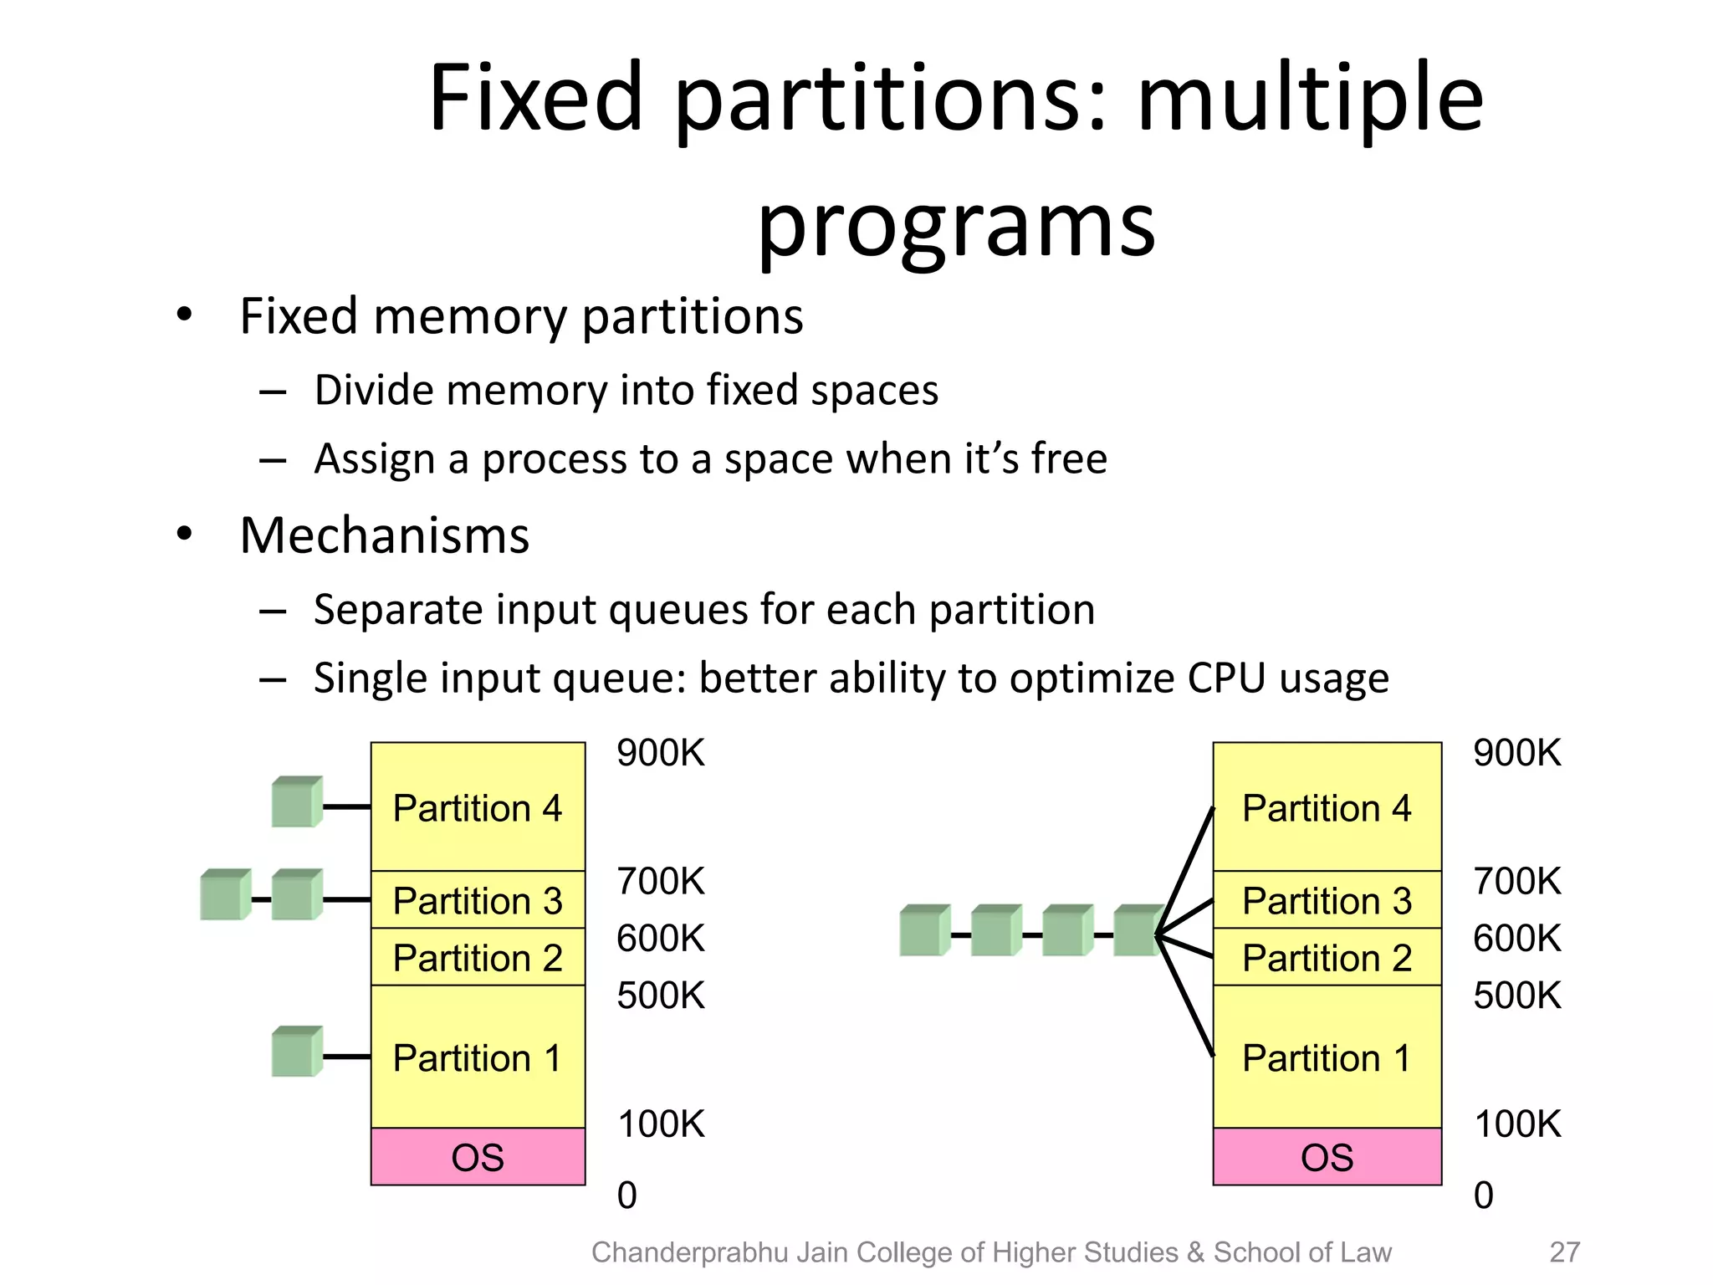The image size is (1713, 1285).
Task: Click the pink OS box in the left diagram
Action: tap(478, 1156)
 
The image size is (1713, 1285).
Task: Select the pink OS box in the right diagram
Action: tap(1327, 1156)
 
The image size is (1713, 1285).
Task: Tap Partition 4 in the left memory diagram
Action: tap(478, 807)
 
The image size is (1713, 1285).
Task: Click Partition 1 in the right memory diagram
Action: tap(1327, 1057)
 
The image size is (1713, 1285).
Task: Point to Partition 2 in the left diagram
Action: tap(478, 957)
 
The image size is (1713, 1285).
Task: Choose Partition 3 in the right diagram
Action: tap(1327, 900)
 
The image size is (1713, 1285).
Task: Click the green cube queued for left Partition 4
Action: tap(296, 802)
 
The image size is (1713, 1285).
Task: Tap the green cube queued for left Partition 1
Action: tap(296, 1052)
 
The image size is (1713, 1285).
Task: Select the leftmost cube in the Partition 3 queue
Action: tap(225, 895)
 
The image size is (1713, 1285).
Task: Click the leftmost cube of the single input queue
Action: tap(924, 930)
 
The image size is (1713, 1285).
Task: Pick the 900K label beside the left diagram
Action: tap(661, 753)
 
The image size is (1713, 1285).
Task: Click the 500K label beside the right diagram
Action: tap(1516, 996)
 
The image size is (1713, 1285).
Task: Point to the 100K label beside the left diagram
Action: tap(661, 1124)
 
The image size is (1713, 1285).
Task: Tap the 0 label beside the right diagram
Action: tap(1483, 1195)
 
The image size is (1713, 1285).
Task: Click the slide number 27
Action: tap(1564, 1252)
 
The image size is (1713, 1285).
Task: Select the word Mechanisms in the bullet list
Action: tap(384, 535)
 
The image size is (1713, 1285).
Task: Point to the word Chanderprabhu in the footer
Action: tap(689, 1252)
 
